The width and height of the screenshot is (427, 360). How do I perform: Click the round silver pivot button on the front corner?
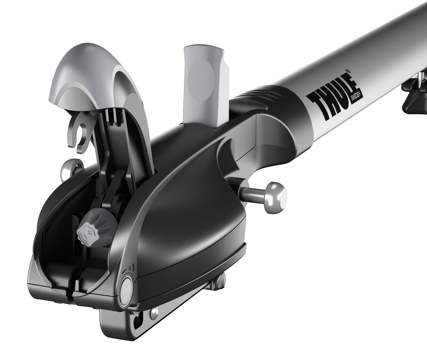[127, 290]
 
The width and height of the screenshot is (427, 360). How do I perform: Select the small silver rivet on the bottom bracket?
[154, 313]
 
